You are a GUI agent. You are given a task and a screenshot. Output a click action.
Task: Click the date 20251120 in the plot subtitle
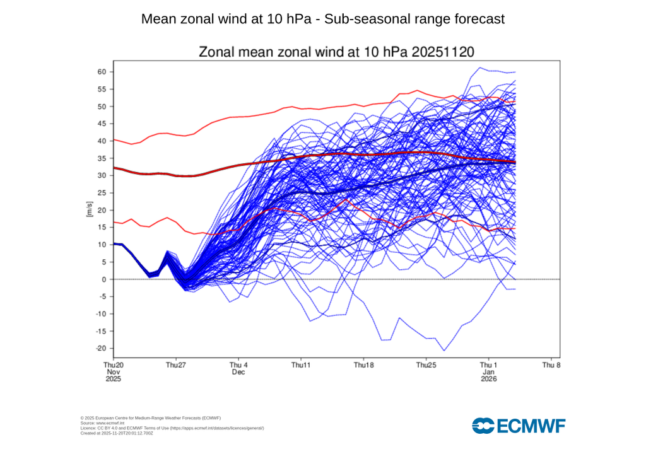[442, 52]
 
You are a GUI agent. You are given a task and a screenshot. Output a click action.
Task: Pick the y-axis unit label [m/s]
[90, 210]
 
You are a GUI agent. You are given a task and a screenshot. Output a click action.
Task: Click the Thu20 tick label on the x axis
[114, 365]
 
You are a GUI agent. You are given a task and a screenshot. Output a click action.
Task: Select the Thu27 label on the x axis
[176, 365]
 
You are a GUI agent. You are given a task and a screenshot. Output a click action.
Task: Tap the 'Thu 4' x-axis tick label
[238, 365]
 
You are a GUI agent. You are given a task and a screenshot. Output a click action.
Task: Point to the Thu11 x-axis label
[301, 365]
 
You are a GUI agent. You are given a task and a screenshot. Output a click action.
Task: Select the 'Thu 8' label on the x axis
[551, 365]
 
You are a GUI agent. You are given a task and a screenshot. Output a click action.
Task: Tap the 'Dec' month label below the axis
[238, 372]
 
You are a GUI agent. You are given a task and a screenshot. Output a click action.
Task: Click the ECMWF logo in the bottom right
[519, 426]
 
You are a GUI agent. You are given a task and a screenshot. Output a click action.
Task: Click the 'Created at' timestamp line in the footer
[117, 433]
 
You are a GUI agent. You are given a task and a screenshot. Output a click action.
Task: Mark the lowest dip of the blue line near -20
[444, 350]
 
